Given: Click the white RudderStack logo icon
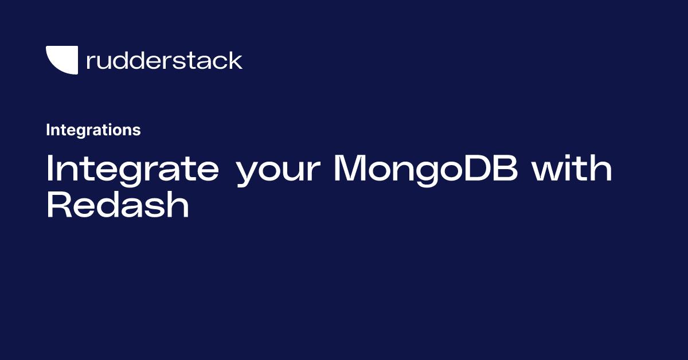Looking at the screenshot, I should pos(61,59).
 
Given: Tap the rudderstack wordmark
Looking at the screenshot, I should pos(165,60).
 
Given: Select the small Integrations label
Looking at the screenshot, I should pos(93,130).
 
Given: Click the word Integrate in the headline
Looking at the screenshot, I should pos(132,170).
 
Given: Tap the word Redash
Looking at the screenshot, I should pos(118,205).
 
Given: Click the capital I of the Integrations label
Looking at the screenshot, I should pos(48,130).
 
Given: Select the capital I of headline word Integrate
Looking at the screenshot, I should pos(50,169).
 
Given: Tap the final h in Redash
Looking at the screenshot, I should pos(179,205).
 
